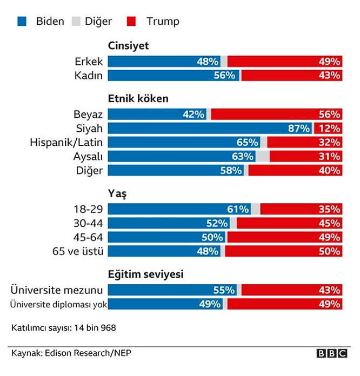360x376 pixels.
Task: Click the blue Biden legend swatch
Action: [22, 22]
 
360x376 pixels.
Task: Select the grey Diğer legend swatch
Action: [76, 22]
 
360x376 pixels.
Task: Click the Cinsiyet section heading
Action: [129, 46]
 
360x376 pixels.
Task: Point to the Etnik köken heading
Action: [138, 99]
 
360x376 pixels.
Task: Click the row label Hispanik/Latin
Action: [66, 143]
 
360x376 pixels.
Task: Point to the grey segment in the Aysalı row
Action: [263, 157]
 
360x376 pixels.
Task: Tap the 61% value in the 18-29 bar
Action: [238, 209]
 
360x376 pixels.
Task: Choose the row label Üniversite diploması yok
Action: [59, 304]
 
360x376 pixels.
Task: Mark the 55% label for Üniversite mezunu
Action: [224, 290]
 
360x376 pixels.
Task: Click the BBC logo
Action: [332, 353]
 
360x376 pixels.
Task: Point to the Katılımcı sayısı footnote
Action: [64, 328]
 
